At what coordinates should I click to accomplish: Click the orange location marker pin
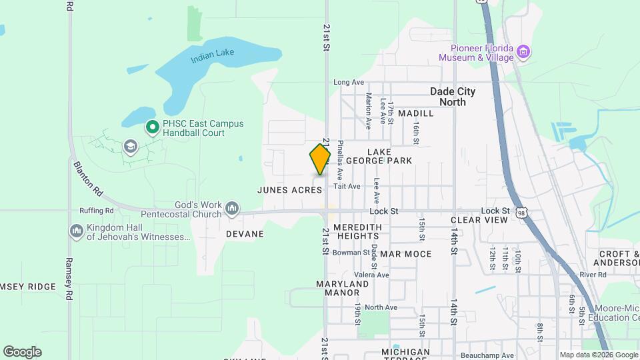coord(320,159)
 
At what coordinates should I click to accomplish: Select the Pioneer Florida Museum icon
coord(523,53)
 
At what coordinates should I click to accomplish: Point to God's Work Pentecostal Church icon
coord(232,209)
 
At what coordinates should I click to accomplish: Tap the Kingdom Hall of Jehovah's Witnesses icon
coord(77,231)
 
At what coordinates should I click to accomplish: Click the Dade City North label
coord(453,97)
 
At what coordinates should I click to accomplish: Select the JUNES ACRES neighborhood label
coord(290,190)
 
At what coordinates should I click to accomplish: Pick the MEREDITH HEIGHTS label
coord(357,231)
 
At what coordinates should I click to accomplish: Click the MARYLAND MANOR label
coord(343,288)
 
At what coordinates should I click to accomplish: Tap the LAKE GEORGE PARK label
coord(389,156)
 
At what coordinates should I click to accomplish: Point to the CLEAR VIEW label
coord(479,219)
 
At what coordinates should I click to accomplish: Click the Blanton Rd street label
coord(89,178)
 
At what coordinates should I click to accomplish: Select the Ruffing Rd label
coord(96,211)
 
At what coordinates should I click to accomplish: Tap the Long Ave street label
coord(349,83)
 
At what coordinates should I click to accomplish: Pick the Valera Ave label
coord(371,275)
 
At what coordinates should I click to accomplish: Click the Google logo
coord(22,352)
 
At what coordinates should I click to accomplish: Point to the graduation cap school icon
coord(129,146)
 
